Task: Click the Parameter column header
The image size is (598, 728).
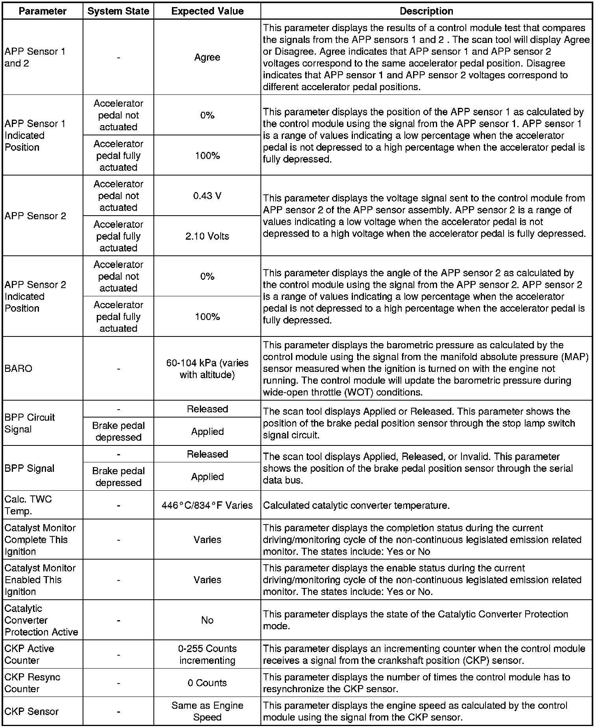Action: click(42, 11)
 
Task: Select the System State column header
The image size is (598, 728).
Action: click(118, 11)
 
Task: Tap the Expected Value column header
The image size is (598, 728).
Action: click(207, 11)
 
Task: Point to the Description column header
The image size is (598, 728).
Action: click(426, 11)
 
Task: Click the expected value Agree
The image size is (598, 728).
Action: click(207, 57)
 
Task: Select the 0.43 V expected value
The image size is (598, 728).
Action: click(207, 196)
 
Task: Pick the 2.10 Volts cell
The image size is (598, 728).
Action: click(207, 236)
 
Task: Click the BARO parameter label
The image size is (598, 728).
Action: click(18, 369)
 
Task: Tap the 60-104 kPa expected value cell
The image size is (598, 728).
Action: click(207, 369)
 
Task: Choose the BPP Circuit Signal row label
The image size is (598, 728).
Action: click(30, 423)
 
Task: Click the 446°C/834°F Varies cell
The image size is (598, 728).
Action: click(207, 505)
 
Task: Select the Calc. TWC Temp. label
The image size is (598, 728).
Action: click(28, 505)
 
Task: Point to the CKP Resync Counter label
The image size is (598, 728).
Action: click(32, 683)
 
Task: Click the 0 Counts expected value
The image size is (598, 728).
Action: click(207, 683)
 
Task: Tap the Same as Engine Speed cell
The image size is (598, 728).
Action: click(207, 711)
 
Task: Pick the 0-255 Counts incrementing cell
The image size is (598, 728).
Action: click(207, 654)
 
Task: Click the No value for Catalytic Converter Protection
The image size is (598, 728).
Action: click(207, 621)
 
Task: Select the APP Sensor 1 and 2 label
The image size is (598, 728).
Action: click(35, 57)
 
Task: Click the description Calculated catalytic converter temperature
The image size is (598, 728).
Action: click(356, 505)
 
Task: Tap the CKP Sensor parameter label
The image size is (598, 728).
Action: click(31, 711)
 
